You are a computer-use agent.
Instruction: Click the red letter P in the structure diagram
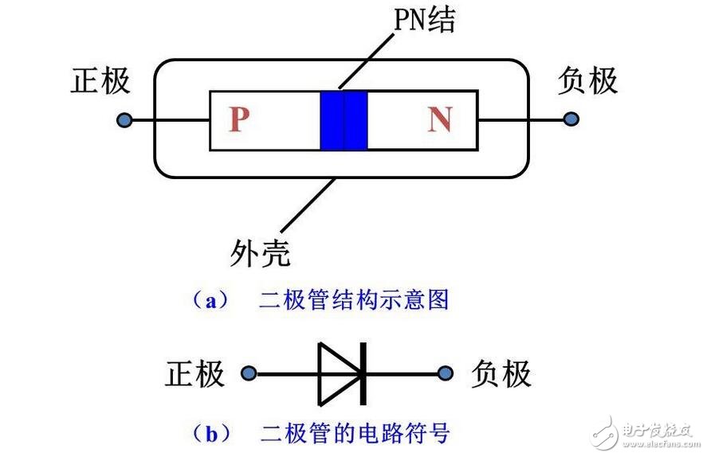pos(238,120)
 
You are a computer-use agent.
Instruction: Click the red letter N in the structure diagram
pos(439,120)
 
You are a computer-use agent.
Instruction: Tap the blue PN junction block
pos(344,120)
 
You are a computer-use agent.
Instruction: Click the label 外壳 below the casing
pos(259,253)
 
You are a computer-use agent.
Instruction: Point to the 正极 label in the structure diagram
pos(100,81)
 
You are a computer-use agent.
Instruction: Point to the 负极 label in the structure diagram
pos(587,81)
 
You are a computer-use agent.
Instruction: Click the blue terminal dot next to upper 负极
pos(570,119)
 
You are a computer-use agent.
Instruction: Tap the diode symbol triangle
pos(337,373)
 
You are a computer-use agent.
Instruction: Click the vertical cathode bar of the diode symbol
pos(363,373)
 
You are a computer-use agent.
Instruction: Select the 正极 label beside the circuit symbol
pos(194,373)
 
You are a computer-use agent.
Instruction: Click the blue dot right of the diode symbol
pos(446,373)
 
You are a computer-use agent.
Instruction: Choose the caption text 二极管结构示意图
pos(354,300)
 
